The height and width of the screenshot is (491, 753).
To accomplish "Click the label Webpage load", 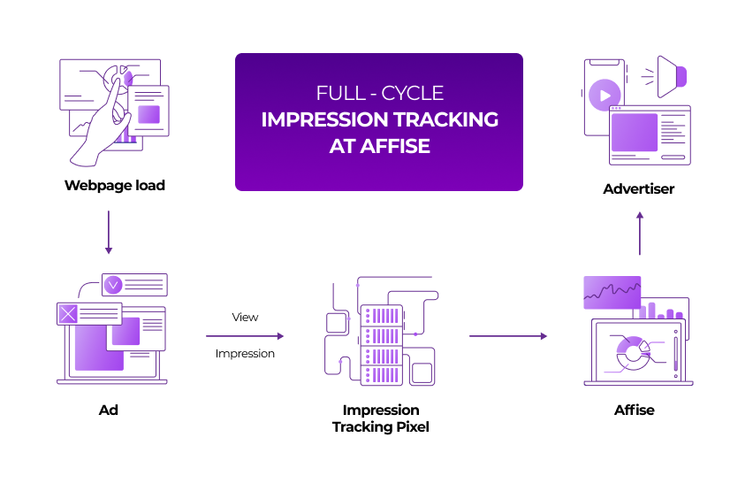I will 114,186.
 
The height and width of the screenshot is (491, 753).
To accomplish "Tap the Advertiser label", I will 638,188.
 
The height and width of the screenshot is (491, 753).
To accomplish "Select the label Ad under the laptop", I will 109,410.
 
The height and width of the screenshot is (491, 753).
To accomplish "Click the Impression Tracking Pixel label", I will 380,418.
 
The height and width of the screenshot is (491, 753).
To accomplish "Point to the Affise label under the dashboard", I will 634,410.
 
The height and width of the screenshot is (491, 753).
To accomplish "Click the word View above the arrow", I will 245,317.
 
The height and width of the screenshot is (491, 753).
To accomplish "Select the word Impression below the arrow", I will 245,354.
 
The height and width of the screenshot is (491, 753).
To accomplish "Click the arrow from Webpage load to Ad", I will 109,232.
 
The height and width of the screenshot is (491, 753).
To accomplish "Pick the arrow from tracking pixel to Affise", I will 507,336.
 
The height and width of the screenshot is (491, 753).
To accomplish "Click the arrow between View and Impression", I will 245,336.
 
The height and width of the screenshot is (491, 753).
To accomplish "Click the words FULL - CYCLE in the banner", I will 379,93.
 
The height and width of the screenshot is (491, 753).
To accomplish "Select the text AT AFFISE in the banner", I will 379,147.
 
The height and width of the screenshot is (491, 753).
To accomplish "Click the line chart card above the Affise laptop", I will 612,291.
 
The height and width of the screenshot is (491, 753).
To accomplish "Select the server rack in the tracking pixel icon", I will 381,343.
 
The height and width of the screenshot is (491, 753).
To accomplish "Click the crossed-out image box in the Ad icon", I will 69,313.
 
